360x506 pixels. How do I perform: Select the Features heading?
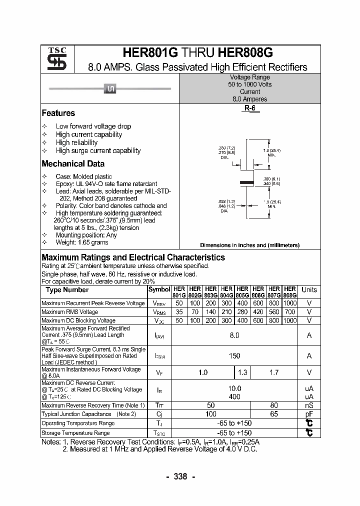point(58,113)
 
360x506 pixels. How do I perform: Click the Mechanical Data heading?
point(73,163)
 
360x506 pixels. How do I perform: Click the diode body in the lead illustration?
point(110,89)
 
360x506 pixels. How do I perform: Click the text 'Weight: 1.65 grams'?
point(82,242)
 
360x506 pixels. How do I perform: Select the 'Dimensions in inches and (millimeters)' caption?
point(249,245)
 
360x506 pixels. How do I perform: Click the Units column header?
point(309,290)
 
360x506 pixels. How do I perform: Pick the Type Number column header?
point(67,290)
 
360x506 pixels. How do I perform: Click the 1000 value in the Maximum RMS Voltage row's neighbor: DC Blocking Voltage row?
point(289,320)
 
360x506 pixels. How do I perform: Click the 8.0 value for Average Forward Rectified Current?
point(234,335)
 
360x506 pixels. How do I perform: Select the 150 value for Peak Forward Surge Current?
point(234,356)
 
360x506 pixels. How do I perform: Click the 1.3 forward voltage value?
point(242,372)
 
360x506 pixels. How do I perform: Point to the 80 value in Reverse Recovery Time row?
point(273,405)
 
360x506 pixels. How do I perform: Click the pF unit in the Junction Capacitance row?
point(309,414)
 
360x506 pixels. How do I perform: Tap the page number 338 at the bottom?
point(180,476)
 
